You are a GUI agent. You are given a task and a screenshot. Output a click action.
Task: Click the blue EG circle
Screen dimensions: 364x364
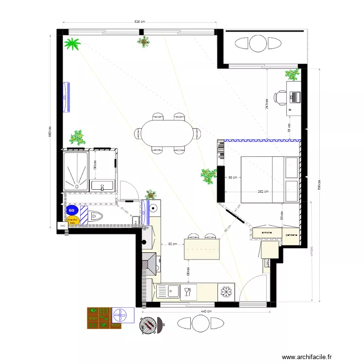coord(72,210)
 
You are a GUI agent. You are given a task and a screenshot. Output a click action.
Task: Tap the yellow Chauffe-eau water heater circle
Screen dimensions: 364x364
coord(73,220)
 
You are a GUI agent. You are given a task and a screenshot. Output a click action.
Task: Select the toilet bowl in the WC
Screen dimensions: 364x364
coord(96,216)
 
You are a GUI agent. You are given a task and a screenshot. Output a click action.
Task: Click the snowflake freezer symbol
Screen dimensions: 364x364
coord(225,292)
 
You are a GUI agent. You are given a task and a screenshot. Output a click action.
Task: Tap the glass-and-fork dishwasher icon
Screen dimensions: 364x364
coord(187,292)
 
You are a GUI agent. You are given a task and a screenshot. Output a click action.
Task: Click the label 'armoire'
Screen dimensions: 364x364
coord(266,233)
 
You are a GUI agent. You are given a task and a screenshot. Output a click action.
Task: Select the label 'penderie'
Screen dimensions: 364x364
coord(291,235)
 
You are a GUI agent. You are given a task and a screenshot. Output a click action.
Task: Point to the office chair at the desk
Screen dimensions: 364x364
coord(280,98)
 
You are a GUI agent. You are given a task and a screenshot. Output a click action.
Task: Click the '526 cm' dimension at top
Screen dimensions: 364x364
coord(140,22)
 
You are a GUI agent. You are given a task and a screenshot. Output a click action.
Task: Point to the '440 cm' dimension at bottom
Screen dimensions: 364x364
coord(207,311)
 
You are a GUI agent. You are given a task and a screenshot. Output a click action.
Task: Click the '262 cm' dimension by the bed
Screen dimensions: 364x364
coord(264,192)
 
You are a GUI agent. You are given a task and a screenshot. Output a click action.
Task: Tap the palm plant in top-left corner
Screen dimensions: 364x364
coord(73,45)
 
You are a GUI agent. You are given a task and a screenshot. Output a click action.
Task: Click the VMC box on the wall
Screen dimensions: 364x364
coord(62,226)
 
